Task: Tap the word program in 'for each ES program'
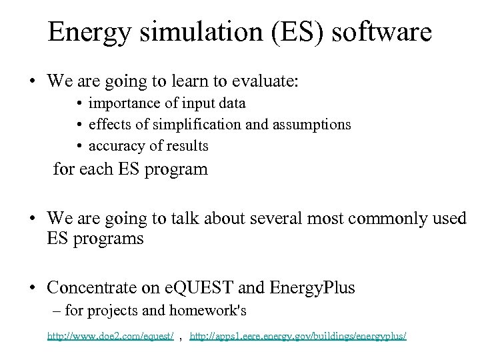point(178,169)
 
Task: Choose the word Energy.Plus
point(312,288)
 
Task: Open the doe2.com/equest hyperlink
point(111,337)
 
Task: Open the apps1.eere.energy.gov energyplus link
point(298,337)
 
